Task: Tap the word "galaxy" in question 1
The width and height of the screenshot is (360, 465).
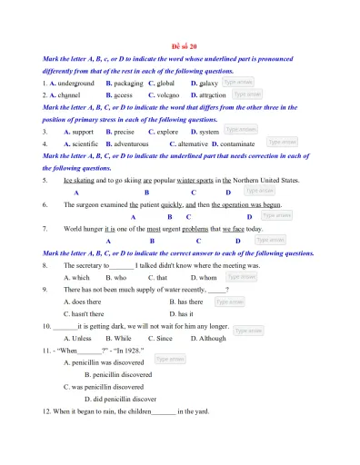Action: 208,83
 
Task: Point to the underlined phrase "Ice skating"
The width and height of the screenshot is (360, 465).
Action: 80,180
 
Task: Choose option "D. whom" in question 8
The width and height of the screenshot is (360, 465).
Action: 204,277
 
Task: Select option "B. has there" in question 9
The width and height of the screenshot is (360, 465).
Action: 186,302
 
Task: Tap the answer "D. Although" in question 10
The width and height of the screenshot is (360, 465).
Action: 208,338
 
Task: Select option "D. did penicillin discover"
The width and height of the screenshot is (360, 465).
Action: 120,398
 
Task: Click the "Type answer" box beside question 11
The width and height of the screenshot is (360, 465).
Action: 170,360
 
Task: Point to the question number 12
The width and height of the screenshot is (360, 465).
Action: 48,411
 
